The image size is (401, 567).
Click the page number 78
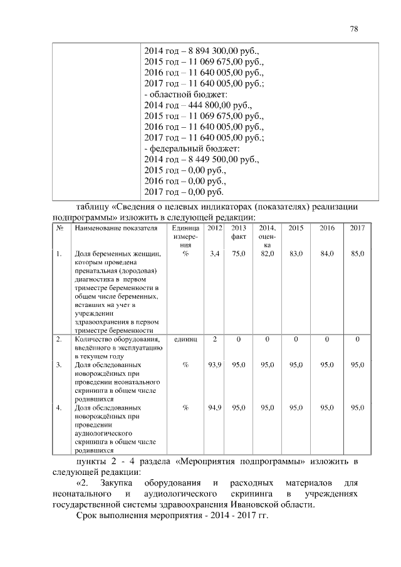(x=354, y=29)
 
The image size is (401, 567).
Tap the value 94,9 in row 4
(x=214, y=408)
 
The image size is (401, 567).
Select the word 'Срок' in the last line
(x=86, y=521)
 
